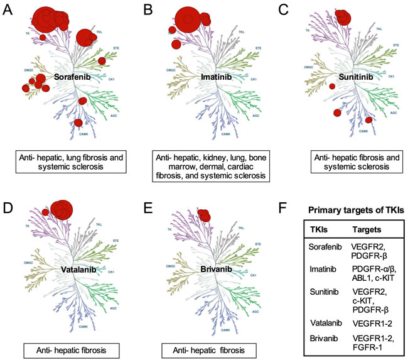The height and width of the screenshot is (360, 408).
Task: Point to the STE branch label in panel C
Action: point(395,45)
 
